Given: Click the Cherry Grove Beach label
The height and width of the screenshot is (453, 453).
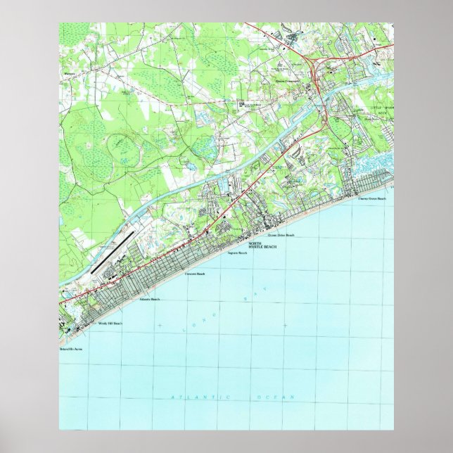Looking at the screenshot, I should tap(372, 199).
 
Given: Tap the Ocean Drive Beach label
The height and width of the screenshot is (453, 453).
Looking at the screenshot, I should tap(280, 236).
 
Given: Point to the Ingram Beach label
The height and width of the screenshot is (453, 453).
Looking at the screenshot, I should tap(236, 253).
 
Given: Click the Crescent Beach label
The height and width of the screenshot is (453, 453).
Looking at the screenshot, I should tap(194, 274).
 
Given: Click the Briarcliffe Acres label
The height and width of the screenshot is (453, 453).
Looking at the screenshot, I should tap(71, 348).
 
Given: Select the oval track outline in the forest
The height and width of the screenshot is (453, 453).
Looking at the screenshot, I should tap(122, 149).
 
